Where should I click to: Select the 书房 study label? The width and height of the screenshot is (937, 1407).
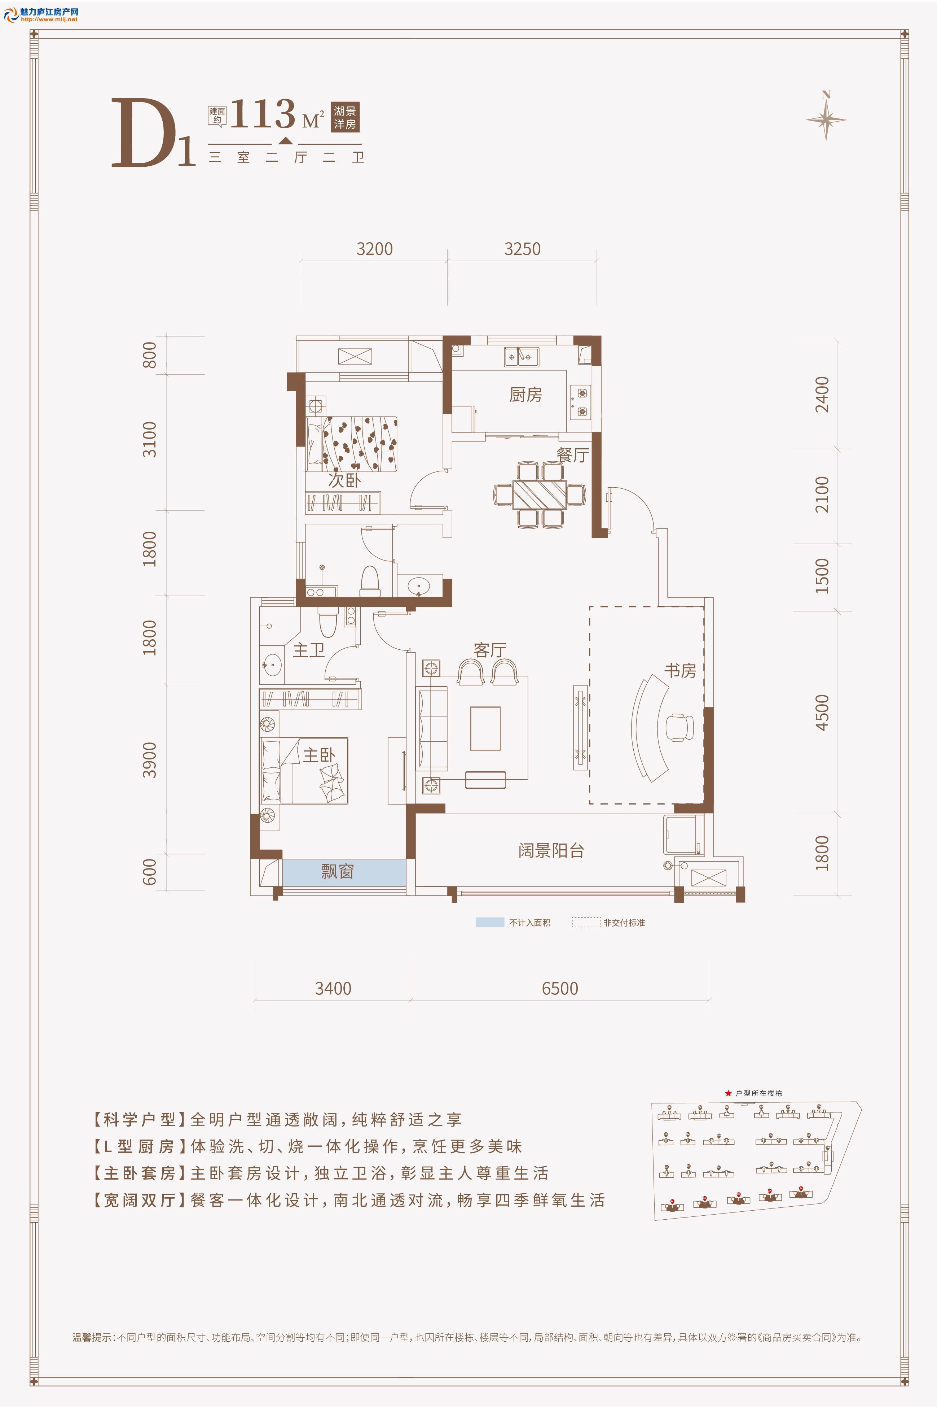[x=680, y=670]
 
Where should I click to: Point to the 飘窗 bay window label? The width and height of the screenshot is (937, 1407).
[x=338, y=872]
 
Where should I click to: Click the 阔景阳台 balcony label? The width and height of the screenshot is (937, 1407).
[x=551, y=850]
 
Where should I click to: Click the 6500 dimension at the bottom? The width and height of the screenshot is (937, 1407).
[x=560, y=988]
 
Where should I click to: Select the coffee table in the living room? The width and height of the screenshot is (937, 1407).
[x=485, y=728]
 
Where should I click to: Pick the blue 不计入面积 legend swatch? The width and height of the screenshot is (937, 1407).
[x=490, y=923]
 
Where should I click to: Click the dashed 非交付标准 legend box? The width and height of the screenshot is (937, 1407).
[x=586, y=923]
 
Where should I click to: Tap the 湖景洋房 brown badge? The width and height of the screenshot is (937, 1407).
[x=346, y=117]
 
